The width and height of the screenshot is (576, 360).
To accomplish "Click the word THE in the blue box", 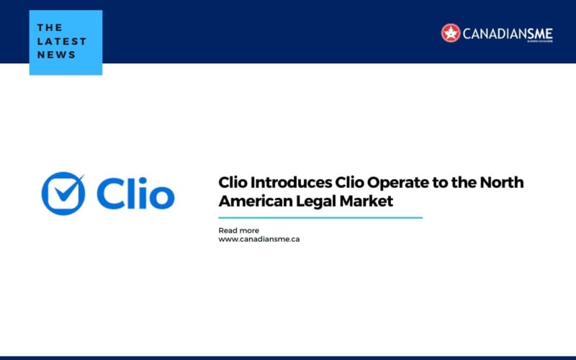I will (x=50, y=27).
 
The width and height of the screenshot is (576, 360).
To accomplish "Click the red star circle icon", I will (x=451, y=32).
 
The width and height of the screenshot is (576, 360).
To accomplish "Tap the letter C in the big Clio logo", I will (x=108, y=194).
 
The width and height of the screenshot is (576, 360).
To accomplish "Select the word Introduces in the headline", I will (x=277, y=183).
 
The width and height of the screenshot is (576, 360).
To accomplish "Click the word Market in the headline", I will (x=366, y=202).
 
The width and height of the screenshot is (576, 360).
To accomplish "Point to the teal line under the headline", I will (x=320, y=217).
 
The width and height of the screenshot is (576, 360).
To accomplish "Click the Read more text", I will (x=239, y=230).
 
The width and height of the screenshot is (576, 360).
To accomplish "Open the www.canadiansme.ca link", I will (x=259, y=239).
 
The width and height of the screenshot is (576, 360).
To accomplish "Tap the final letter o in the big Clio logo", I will (x=159, y=197).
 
